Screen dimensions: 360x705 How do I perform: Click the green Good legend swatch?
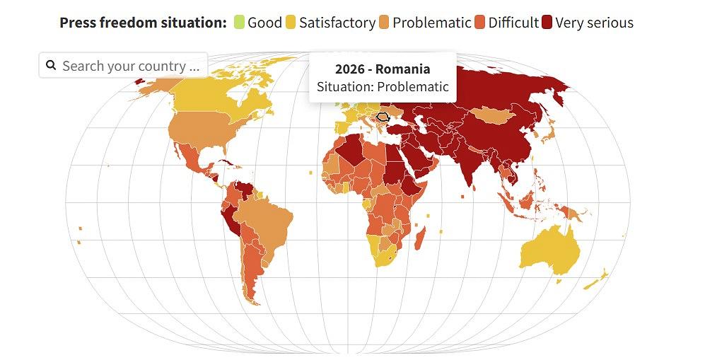[238, 23]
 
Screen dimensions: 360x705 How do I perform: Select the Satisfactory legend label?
[337, 23]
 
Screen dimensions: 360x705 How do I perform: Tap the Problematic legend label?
[431, 23]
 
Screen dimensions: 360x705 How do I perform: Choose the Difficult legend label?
[513, 23]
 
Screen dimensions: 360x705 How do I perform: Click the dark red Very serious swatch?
[547, 23]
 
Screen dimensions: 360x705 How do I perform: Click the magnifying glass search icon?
[51, 66]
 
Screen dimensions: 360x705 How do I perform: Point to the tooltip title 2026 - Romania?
[383, 69]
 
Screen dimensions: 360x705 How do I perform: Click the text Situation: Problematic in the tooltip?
[383, 87]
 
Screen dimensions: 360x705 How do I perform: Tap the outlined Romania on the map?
[383, 117]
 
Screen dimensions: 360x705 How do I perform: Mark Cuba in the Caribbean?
[227, 164]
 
